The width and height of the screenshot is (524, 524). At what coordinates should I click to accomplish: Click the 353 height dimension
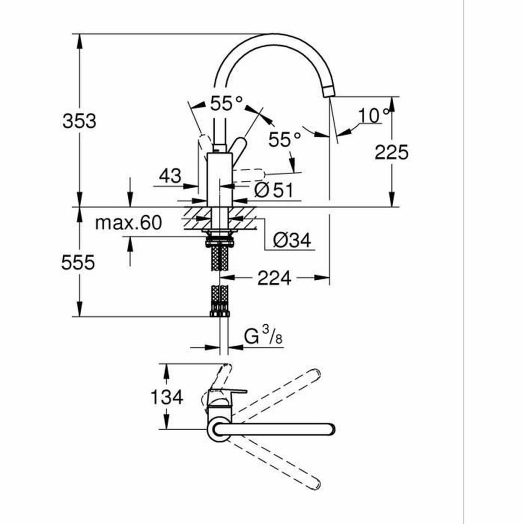79,121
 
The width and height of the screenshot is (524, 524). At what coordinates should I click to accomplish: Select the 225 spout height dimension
391,152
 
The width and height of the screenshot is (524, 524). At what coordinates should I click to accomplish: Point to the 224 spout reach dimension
274,278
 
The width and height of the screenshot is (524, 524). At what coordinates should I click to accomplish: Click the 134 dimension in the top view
167,397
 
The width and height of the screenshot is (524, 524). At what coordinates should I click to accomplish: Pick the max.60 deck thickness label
128,223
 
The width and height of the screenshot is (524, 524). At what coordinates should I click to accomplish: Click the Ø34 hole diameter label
292,241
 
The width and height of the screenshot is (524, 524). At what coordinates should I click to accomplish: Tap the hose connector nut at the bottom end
220,313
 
